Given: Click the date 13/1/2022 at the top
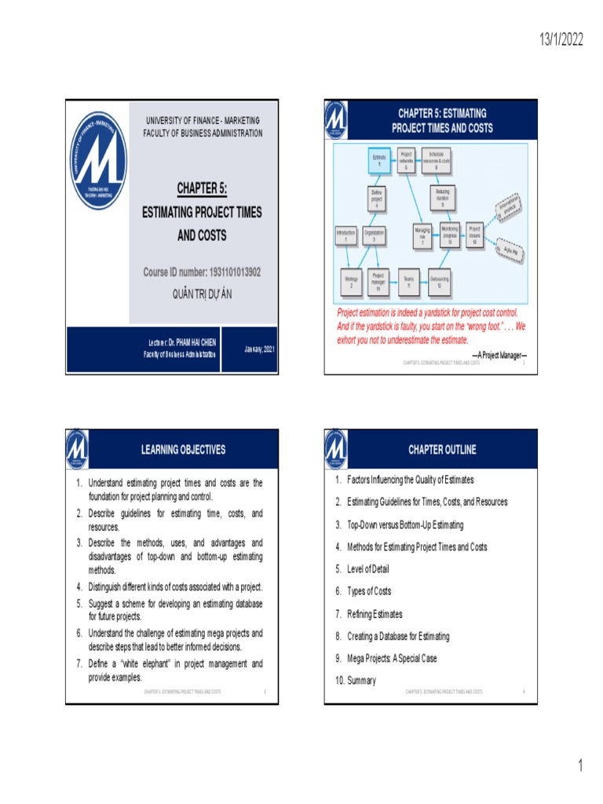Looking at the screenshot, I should point(561,41).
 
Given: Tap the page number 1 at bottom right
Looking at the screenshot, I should point(580,766).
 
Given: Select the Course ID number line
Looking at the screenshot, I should point(202,272).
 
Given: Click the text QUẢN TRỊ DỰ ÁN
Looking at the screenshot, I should point(202,294).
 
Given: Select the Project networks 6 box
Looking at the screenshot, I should point(406,160).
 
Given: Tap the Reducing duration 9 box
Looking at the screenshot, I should point(442,196).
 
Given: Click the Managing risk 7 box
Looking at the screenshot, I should point(422,236).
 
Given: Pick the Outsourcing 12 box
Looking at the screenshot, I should point(439,282).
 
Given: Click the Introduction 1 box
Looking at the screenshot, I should point(345,236).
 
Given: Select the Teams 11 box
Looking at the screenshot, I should point(408,282).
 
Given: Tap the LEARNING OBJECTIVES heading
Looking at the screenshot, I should point(183,450).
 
